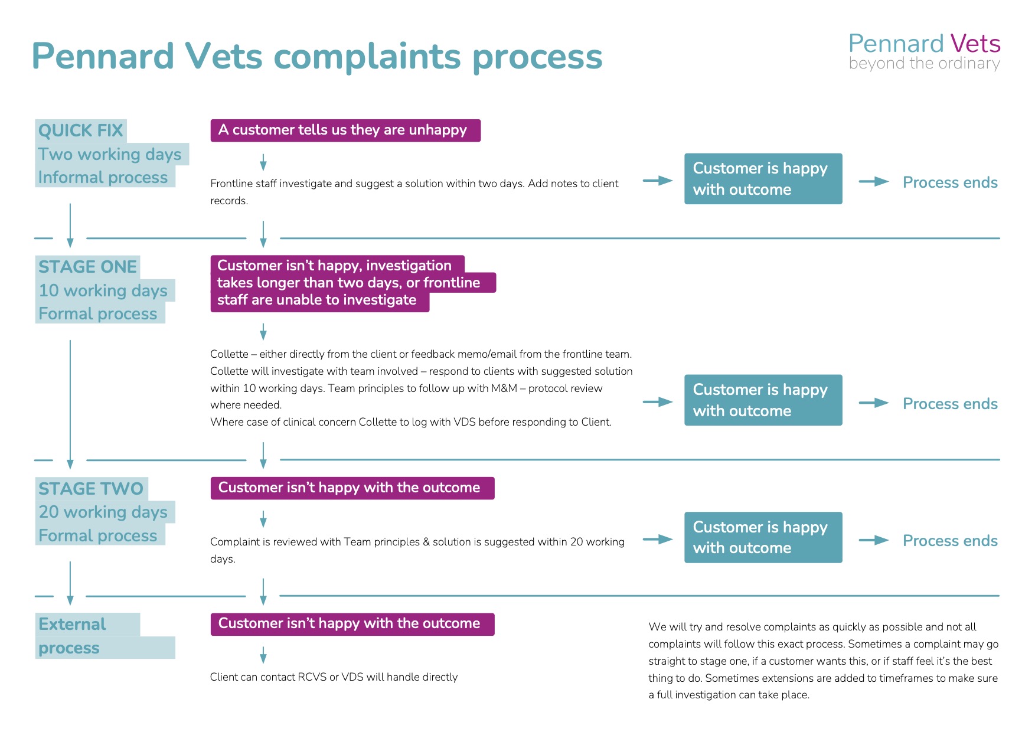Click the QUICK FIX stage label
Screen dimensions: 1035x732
pos(81,130)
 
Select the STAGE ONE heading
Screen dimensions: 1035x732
pos(88,267)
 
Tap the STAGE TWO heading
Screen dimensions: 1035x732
pos(92,489)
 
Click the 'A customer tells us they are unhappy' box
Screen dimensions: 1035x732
pos(345,130)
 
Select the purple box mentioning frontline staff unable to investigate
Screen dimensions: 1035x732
pos(353,283)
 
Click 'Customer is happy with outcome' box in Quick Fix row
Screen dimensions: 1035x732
pos(763,179)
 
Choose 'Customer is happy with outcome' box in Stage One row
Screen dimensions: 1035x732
pos(763,400)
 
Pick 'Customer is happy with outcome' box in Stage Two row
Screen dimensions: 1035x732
pos(763,537)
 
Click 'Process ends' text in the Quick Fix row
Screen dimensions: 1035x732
pos(950,182)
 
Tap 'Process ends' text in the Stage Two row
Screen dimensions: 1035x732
pos(950,541)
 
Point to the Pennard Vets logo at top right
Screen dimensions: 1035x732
pos(924,51)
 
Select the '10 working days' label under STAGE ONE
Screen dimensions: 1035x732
pos(103,290)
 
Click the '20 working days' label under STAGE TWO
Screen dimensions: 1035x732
pos(103,512)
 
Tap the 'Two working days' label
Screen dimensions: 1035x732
pos(110,154)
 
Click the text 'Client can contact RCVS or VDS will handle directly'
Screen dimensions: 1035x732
pos(334,677)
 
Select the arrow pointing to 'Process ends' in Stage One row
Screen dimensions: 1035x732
pos(874,403)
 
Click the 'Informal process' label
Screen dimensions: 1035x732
pos(103,177)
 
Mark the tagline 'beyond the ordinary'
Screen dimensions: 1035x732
pos(924,63)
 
